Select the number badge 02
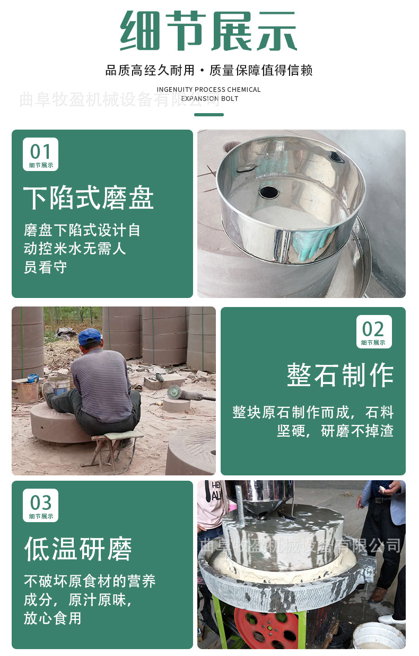coord(373,331)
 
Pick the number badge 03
coord(40,505)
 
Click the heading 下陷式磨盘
coord(89,199)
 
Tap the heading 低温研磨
coord(78,549)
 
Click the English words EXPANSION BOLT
coord(210,98)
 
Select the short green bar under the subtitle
coord(208,115)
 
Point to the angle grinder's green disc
coord(173,392)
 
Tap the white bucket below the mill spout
coord(379,636)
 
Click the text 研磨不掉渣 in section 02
coord(357,431)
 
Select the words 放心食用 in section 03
coord(53,618)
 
